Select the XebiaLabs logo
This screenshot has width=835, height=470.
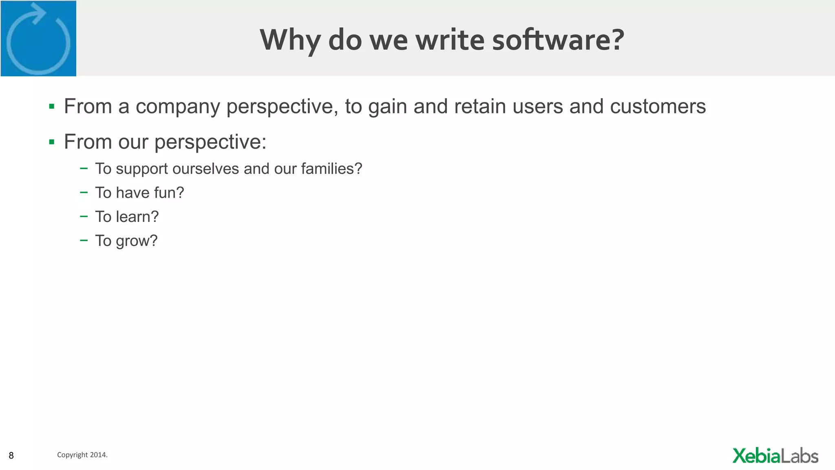coord(775,456)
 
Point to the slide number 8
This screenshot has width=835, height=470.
coord(11,455)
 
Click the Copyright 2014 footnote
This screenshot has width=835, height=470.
coord(82,454)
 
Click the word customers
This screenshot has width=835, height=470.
coord(658,106)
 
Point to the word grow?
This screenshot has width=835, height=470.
coord(137,241)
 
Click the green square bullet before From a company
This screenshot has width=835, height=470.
coord(51,107)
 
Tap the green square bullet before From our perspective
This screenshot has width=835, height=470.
coord(51,142)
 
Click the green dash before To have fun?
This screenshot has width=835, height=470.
coord(84,192)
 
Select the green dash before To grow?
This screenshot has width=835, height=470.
coord(84,240)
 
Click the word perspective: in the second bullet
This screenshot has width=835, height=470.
coord(210,142)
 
